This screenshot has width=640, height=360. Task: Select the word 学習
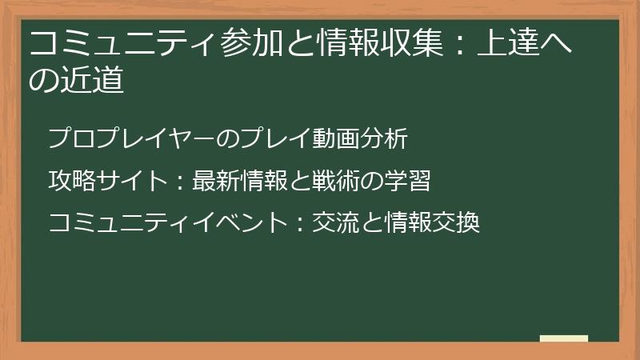[407, 181]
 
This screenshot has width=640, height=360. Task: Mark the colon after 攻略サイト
[180, 182]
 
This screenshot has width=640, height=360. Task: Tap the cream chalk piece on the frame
[564, 338]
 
